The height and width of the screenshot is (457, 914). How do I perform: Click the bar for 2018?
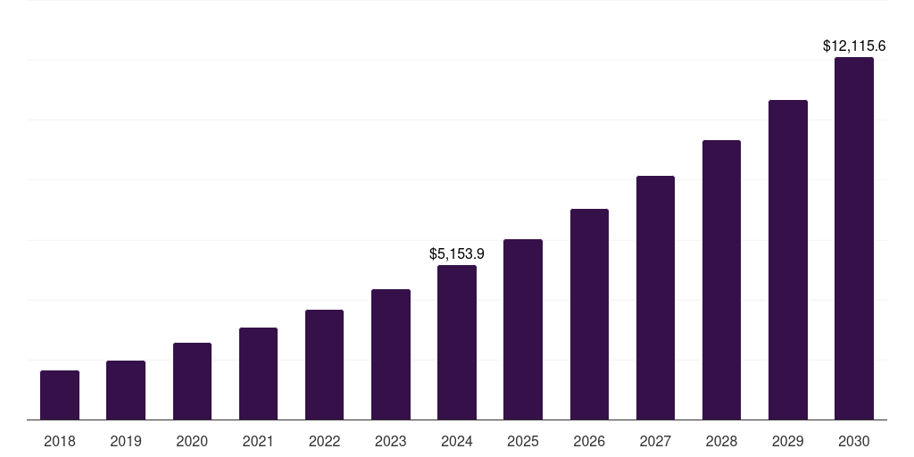60,395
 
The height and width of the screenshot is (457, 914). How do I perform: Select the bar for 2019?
126,390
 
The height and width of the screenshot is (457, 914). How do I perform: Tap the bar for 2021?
258,373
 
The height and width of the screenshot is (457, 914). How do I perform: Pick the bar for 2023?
391,354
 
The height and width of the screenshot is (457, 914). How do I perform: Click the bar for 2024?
457,342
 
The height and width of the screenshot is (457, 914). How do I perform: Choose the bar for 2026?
589,314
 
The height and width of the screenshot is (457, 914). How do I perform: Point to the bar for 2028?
721,279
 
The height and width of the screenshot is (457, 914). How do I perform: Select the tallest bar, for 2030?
854,238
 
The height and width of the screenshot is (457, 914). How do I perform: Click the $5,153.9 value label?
457,254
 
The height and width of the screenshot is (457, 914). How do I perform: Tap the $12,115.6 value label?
854,46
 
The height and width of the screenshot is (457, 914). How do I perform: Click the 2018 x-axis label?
60,441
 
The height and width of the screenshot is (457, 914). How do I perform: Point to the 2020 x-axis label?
192,441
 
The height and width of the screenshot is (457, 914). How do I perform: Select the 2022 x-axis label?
325,441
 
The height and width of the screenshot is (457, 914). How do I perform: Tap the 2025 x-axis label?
523,441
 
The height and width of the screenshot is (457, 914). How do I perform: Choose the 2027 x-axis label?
655,441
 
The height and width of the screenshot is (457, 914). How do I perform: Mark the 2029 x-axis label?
787,441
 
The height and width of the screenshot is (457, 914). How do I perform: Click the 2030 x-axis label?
854,441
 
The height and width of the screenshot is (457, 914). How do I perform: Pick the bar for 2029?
787,260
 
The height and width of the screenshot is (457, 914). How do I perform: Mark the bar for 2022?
325,364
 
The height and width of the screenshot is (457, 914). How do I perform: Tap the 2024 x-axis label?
457,441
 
